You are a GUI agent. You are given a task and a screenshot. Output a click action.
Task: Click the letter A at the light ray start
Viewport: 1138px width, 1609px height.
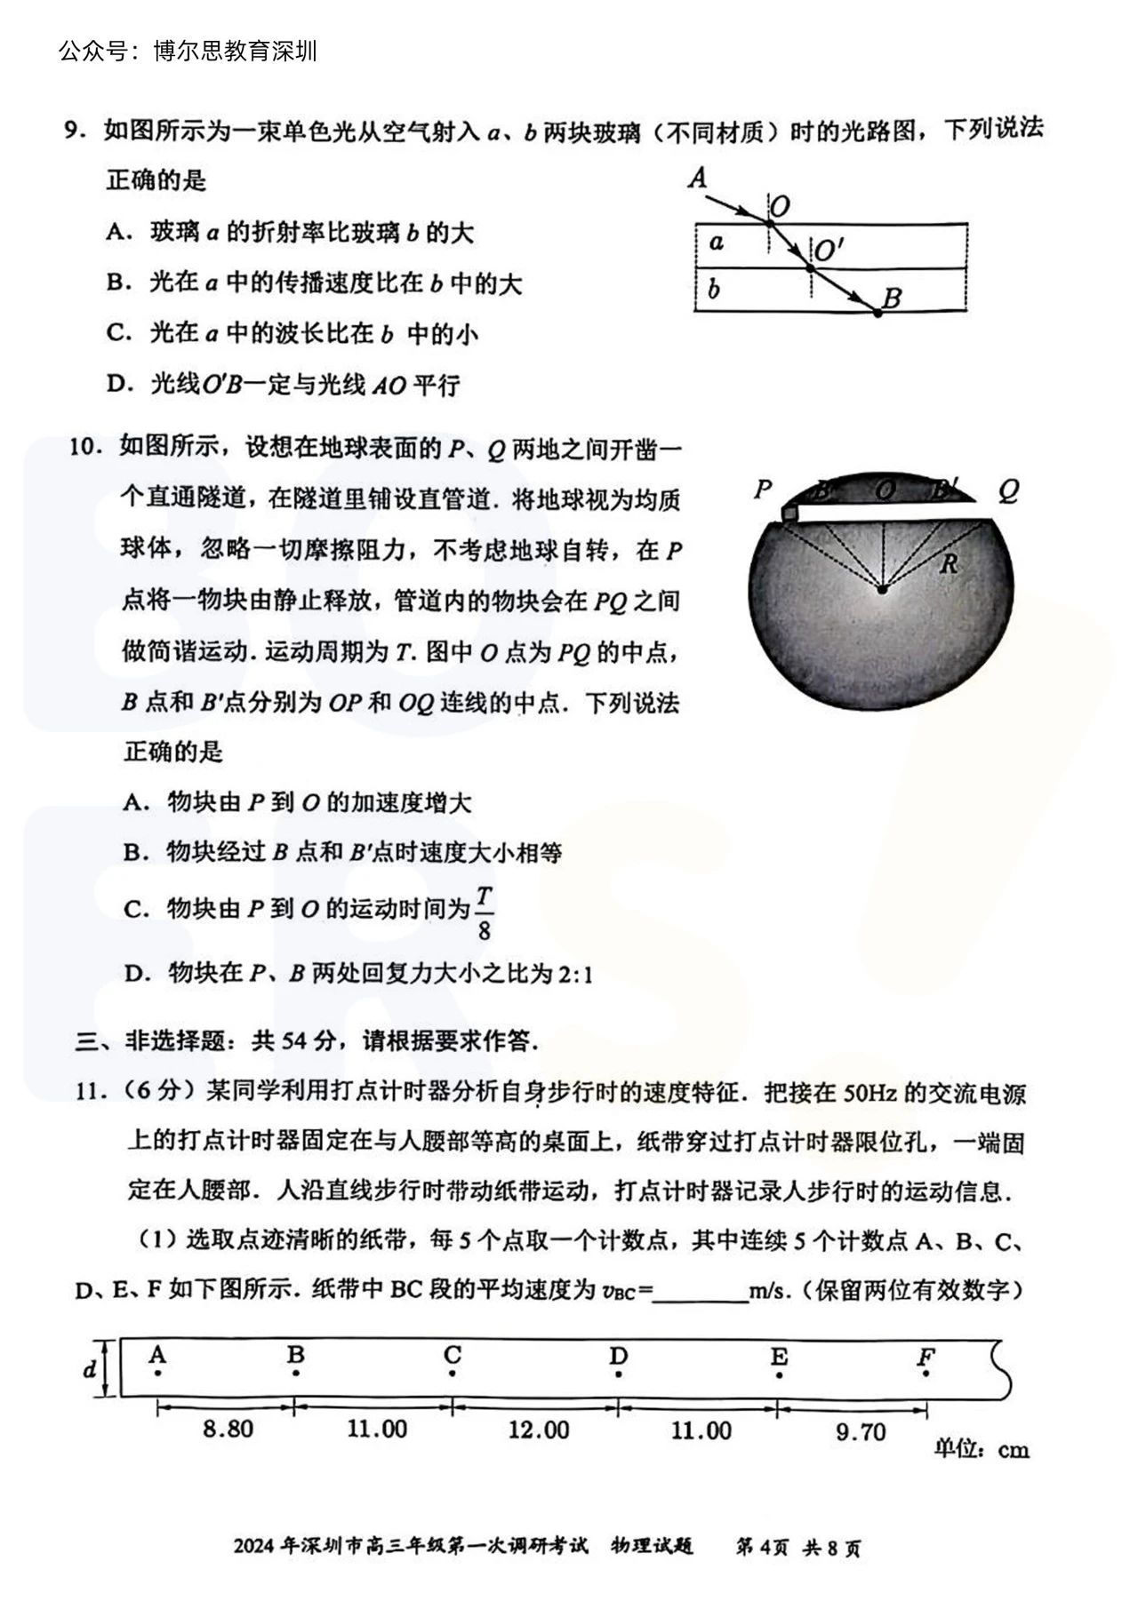(698, 178)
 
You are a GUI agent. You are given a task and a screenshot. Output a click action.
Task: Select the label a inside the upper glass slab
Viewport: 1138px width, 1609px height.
(717, 243)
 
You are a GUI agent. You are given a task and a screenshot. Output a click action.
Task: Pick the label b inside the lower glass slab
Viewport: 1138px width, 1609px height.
(714, 289)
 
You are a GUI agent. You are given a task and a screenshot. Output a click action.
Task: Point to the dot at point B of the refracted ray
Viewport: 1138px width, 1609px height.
(878, 313)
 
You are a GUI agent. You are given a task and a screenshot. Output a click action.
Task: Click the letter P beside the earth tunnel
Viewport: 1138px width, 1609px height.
(763, 489)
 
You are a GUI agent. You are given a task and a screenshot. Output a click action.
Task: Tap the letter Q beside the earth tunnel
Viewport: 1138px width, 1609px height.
(1007, 490)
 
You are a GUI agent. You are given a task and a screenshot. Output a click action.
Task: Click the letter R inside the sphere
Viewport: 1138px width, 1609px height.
(949, 562)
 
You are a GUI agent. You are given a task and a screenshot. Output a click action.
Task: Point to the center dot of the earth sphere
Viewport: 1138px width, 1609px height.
(882, 588)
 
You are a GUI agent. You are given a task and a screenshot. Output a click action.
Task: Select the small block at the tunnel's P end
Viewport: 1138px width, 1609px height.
(789, 514)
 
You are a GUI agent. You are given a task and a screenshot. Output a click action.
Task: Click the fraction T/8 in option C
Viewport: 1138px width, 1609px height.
(484, 912)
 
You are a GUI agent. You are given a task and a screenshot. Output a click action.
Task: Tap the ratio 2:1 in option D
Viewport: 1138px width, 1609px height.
(574, 975)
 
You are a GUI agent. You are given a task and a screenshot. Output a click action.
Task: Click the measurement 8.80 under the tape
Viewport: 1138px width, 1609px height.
(228, 1429)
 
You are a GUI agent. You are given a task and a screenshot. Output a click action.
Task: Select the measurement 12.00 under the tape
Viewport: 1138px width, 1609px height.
(539, 1430)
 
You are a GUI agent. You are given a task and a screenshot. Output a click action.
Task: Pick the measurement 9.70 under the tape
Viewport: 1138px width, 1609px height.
(861, 1431)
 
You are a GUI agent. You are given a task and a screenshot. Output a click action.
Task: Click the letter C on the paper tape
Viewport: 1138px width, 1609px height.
(453, 1356)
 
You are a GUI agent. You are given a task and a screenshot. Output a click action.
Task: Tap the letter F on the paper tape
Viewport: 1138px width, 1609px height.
(926, 1358)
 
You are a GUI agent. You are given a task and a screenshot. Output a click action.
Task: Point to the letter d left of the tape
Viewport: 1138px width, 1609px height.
(89, 1369)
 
